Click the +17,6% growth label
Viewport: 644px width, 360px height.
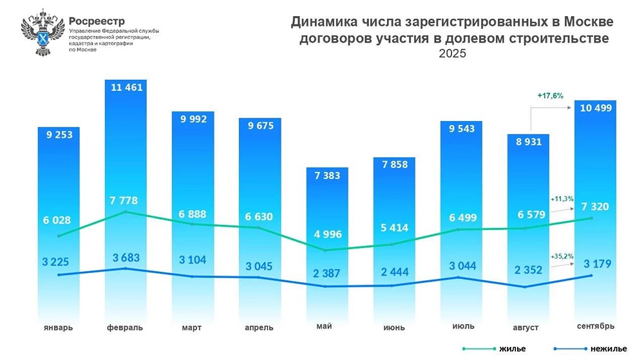[550, 95]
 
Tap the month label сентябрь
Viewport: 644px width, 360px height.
[595, 324]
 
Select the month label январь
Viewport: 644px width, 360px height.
[59, 327]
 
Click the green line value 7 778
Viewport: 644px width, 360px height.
[126, 201]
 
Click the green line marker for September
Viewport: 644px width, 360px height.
[591, 218]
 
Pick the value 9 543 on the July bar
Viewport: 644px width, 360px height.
[460, 128]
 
